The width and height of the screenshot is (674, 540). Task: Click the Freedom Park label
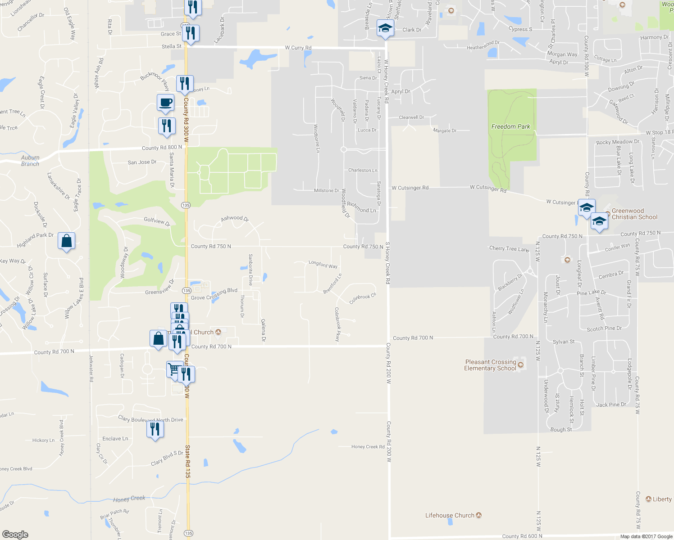510,126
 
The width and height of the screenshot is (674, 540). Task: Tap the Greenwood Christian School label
634,214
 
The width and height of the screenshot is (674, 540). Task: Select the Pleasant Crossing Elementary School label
490,365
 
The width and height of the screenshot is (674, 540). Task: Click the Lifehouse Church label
450,515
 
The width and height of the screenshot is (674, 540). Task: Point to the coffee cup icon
165,103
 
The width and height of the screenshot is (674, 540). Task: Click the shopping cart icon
174,370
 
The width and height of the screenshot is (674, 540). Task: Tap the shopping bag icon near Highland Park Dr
66,241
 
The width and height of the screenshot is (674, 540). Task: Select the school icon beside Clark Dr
385,28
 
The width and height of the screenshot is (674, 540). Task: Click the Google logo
15,534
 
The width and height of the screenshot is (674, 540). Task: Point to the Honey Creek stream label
129,499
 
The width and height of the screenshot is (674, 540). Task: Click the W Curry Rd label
298,48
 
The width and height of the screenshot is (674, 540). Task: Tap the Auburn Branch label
30,161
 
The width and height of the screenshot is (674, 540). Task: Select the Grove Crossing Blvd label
214,294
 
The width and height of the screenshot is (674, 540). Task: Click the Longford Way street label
323,264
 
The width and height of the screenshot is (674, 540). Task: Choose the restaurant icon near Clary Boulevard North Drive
155,430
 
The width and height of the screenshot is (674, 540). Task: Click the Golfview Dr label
157,221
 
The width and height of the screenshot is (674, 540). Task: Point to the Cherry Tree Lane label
509,249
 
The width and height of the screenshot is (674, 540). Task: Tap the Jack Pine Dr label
611,405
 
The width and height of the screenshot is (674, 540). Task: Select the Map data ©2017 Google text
646,536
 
